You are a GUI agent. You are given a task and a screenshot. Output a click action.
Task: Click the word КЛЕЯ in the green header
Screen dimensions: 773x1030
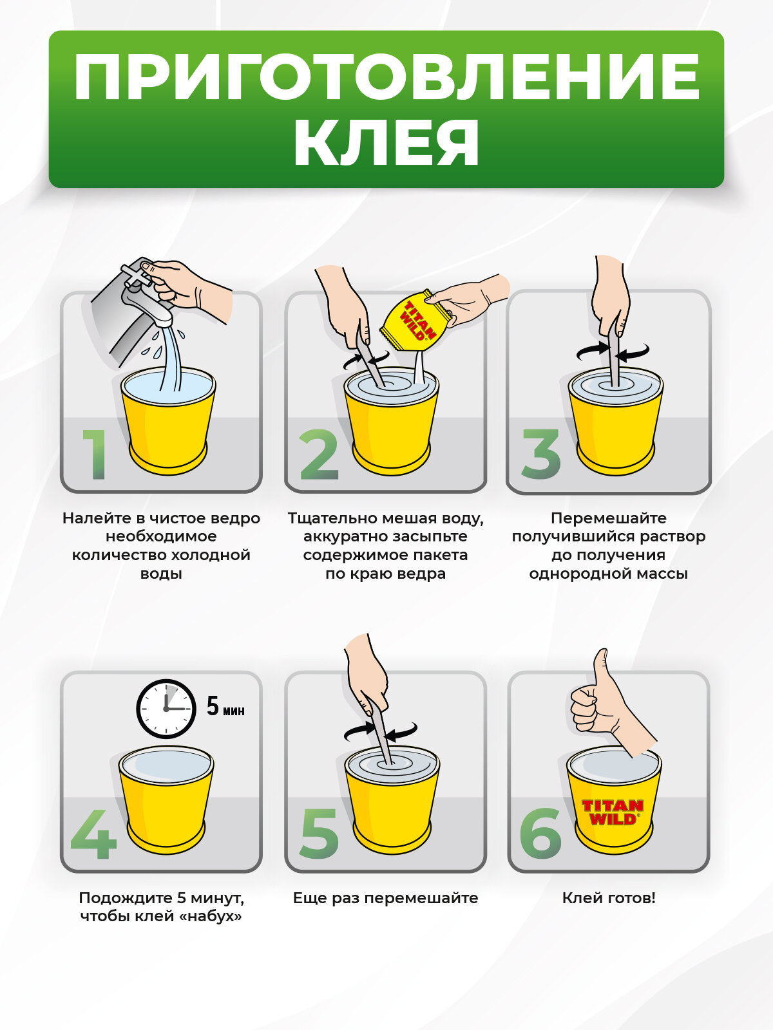pyautogui.click(x=386, y=142)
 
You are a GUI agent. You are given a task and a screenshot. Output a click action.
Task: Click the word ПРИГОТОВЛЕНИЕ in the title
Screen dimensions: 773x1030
pyautogui.click(x=386, y=77)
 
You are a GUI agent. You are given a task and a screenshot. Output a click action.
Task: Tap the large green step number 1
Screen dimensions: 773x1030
pyautogui.click(x=95, y=454)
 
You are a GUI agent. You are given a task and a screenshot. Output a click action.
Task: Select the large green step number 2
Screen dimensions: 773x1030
pyautogui.click(x=319, y=454)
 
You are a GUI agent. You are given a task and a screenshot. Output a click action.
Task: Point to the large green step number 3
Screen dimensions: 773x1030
pyautogui.click(x=540, y=454)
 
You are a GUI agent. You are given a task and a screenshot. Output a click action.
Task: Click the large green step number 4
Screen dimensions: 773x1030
pyautogui.click(x=93, y=834)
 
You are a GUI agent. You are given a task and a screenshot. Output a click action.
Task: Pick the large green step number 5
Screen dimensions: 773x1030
pyautogui.click(x=319, y=834)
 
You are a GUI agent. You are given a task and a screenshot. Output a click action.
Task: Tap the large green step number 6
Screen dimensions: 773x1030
pyautogui.click(x=540, y=834)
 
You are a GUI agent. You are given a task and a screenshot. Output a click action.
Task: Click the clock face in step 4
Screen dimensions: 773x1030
pyautogui.click(x=166, y=709)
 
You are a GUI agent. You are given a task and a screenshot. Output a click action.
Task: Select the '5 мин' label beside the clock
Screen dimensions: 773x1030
pyautogui.click(x=225, y=707)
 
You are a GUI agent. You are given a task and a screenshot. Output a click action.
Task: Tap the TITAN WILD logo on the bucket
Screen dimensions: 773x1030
pyautogui.click(x=612, y=812)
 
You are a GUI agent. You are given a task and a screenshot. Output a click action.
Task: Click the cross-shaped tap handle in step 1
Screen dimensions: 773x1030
pyautogui.click(x=136, y=276)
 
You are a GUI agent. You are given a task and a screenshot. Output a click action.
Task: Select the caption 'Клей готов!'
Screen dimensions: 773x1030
pyautogui.click(x=609, y=898)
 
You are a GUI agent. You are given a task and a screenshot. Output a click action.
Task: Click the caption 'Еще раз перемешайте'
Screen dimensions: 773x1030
pyautogui.click(x=385, y=898)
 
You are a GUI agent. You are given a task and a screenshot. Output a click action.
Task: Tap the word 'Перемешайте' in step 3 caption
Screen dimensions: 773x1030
pyautogui.click(x=609, y=518)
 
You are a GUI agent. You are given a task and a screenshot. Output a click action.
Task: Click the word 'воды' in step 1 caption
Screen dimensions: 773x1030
pyautogui.click(x=161, y=574)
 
